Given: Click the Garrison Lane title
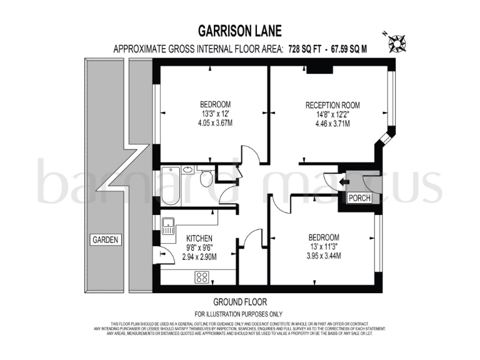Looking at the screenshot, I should pyautogui.click(x=240, y=31).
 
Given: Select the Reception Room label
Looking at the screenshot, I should pyautogui.click(x=332, y=104).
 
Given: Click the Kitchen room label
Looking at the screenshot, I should pyautogui.click(x=199, y=238).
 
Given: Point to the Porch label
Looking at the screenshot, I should pyautogui.click(x=359, y=198).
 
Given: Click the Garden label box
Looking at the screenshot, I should pyautogui.click(x=105, y=239).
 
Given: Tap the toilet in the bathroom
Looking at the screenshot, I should pyautogui.click(x=207, y=179).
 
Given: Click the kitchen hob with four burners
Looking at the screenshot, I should pyautogui.click(x=202, y=276).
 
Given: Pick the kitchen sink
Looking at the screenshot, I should pyautogui.click(x=167, y=226).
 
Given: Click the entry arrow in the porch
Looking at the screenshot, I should pyautogui.click(x=344, y=182).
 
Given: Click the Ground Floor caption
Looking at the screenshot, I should pyautogui.click(x=239, y=301).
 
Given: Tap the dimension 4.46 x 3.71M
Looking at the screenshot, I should pyautogui.click(x=332, y=124).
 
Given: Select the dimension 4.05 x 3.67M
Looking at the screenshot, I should pyautogui.click(x=216, y=123).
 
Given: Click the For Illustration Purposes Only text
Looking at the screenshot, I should pyautogui.click(x=239, y=314).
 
